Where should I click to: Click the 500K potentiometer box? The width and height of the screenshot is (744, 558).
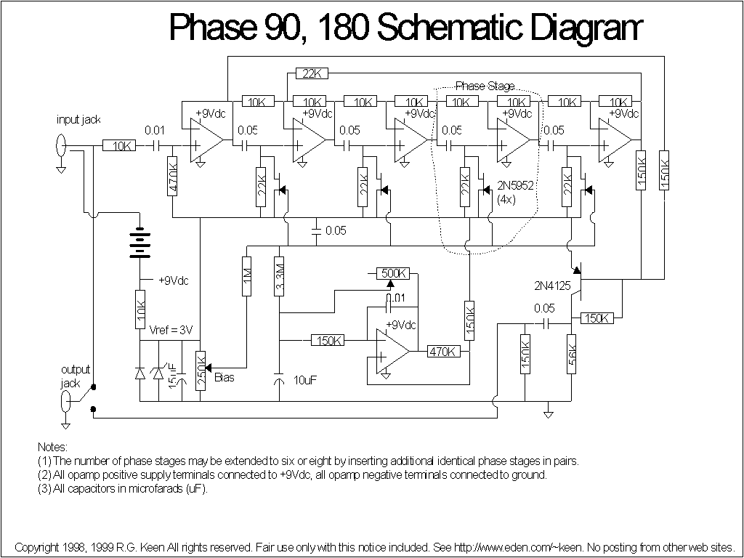pyautogui.click(x=394, y=273)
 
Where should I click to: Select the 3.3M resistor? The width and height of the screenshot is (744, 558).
pyautogui.click(x=280, y=276)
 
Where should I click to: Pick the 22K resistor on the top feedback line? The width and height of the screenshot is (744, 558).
pyautogui.click(x=312, y=73)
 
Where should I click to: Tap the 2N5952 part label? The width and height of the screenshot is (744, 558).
pyautogui.click(x=516, y=186)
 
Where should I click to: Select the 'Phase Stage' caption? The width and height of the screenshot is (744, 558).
pyautogui.click(x=485, y=86)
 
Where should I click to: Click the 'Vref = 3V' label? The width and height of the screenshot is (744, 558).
pyautogui.click(x=170, y=330)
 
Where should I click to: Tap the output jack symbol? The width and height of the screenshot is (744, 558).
pyautogui.click(x=65, y=400)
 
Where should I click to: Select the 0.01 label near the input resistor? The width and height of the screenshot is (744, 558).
pyautogui.click(x=155, y=131)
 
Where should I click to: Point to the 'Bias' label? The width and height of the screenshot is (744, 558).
pyautogui.click(x=225, y=377)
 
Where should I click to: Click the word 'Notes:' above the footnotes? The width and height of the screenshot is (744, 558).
pyautogui.click(x=52, y=447)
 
